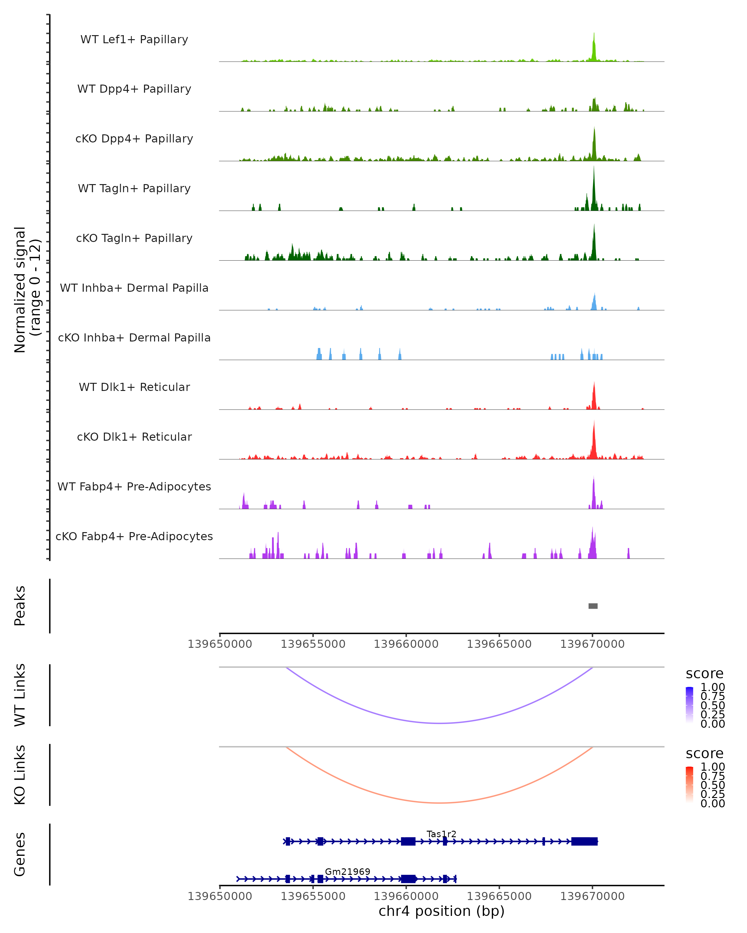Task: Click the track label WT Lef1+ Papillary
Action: click(x=134, y=39)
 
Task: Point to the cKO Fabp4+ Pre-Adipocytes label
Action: click(x=134, y=536)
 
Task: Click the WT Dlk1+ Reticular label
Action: click(x=134, y=387)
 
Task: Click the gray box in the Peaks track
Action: click(x=593, y=606)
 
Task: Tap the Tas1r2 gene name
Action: click(x=441, y=834)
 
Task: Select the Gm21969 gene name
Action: click(x=347, y=871)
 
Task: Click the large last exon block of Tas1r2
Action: click(x=584, y=841)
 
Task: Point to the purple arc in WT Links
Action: click(x=440, y=723)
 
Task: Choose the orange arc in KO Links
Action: click(x=440, y=803)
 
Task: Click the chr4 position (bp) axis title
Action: click(x=441, y=911)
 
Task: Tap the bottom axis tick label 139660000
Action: click(x=406, y=896)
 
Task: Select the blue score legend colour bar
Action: click(x=689, y=704)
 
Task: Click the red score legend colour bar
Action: click(x=689, y=784)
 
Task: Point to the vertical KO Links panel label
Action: click(x=20, y=775)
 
